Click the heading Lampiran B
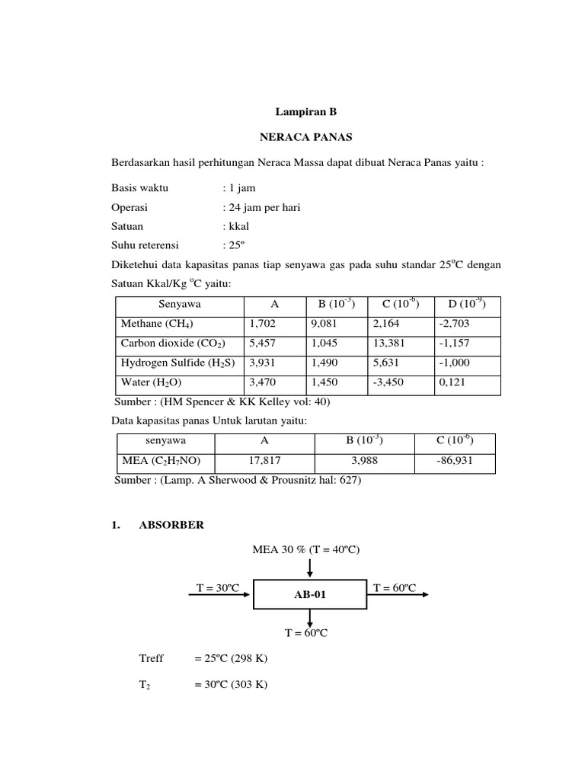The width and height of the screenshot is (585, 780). pyautogui.click(x=305, y=112)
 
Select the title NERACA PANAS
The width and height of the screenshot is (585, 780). pyautogui.click(x=305, y=139)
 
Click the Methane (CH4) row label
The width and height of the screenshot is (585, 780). pyautogui.click(x=152, y=324)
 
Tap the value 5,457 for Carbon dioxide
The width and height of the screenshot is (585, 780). pyautogui.click(x=263, y=344)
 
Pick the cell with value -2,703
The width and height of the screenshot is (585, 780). pyautogui.click(x=454, y=324)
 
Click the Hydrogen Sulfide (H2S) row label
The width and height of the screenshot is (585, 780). pyautogui.click(x=177, y=363)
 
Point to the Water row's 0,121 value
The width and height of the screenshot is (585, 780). pyautogui.click(x=452, y=382)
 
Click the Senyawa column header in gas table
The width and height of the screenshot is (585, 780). pyautogui.click(x=180, y=304)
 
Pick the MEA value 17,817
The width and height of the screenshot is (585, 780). pyautogui.click(x=264, y=461)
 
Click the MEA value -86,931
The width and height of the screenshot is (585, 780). pyautogui.click(x=455, y=461)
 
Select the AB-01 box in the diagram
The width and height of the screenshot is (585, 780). pyautogui.click(x=310, y=594)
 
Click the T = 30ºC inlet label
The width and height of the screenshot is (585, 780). pyautogui.click(x=218, y=587)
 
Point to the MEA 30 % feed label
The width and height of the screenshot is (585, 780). pyautogui.click(x=305, y=549)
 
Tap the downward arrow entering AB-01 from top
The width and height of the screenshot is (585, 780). pyautogui.click(x=309, y=568)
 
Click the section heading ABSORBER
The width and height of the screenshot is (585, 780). pyautogui.click(x=171, y=525)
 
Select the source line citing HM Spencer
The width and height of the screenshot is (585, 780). pyautogui.click(x=222, y=402)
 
